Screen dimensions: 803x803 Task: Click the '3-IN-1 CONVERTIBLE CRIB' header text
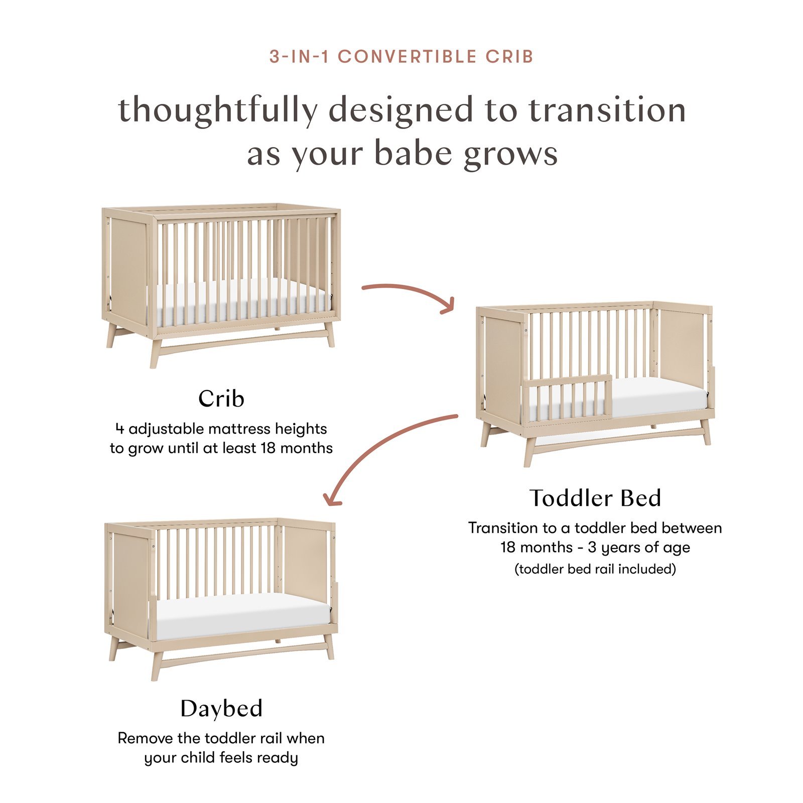coord(401,57)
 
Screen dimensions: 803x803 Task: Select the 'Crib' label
coord(221,399)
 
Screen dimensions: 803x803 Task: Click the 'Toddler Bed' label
coord(595,498)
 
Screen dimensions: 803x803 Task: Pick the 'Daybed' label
coord(221,709)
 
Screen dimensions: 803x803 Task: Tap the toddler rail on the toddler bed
coord(567,396)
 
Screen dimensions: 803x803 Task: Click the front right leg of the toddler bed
coord(705,432)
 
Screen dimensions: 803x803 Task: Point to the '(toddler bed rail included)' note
coord(595,569)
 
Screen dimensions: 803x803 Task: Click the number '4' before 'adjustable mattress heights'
coord(119,429)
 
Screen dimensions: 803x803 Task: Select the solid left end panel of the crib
coord(128,266)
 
